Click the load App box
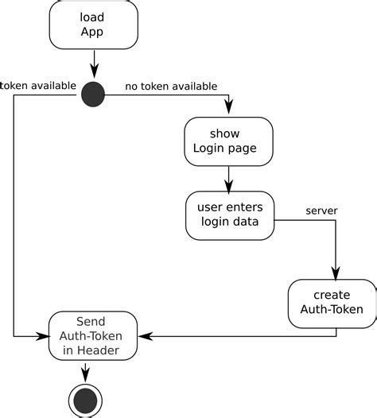[93, 25]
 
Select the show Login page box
[229, 141]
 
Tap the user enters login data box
[229, 215]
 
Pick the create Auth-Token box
[332, 303]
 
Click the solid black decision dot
[94, 95]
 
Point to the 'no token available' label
[171, 86]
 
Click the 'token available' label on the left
[38, 85]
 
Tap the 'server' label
[322, 211]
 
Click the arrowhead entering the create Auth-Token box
[336, 273]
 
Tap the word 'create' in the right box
[332, 295]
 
